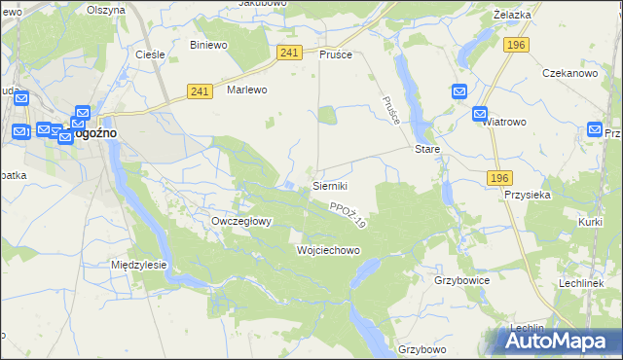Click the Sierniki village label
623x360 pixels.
[x=330, y=185]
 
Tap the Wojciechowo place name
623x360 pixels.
[x=328, y=250]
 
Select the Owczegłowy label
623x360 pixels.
[x=241, y=221]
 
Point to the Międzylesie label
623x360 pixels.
[x=139, y=265]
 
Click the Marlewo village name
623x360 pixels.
[x=246, y=90]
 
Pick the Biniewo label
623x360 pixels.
[x=208, y=46]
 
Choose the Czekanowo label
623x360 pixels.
[x=568, y=73]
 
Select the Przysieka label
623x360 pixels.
[x=529, y=195]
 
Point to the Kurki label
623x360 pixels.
[x=590, y=223]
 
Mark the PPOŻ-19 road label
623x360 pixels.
[x=347, y=216]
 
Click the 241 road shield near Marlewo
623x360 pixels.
[x=201, y=91]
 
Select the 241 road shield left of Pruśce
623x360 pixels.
[x=288, y=53]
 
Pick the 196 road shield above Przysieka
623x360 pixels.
[x=498, y=177]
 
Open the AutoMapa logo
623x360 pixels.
[x=558, y=341]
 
